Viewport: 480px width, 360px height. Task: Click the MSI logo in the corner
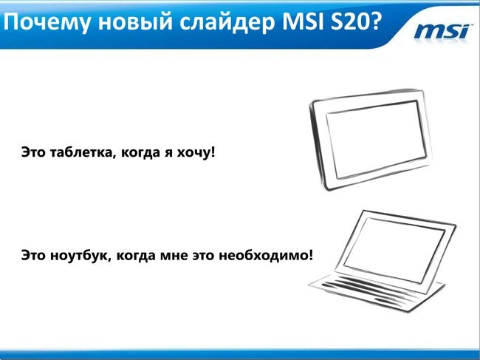click(x=442, y=32)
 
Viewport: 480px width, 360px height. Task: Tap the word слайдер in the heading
click(x=227, y=23)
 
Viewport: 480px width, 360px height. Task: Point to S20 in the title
click(x=349, y=22)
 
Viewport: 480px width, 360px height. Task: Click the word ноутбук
click(x=80, y=255)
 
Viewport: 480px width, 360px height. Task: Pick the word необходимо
click(x=264, y=255)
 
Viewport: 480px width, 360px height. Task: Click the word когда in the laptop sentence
click(x=135, y=256)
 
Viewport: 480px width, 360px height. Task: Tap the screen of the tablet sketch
click(x=376, y=140)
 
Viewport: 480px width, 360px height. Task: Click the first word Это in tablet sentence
click(x=33, y=152)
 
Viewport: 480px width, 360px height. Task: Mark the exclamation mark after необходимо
click(x=310, y=254)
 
